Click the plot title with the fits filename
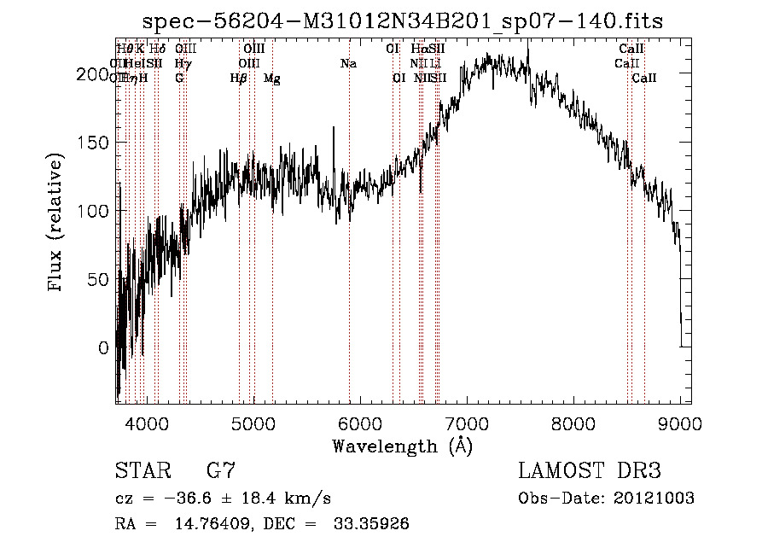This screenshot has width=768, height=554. (x=402, y=20)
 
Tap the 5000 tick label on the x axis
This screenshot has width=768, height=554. (x=253, y=423)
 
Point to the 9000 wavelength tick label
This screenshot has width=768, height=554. (x=679, y=423)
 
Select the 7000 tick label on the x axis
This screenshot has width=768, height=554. (x=466, y=423)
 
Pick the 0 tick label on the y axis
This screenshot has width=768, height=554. (x=103, y=348)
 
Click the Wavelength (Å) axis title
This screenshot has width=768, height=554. (x=402, y=446)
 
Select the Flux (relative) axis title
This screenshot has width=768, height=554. (x=57, y=224)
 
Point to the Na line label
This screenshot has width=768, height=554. (x=348, y=64)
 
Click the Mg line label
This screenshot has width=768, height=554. (x=272, y=79)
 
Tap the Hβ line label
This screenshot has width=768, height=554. (x=239, y=79)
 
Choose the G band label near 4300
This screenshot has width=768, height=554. (x=179, y=79)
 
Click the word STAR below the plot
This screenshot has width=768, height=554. (x=141, y=471)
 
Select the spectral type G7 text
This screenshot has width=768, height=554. (x=221, y=471)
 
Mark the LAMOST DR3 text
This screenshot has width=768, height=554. (x=590, y=471)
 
